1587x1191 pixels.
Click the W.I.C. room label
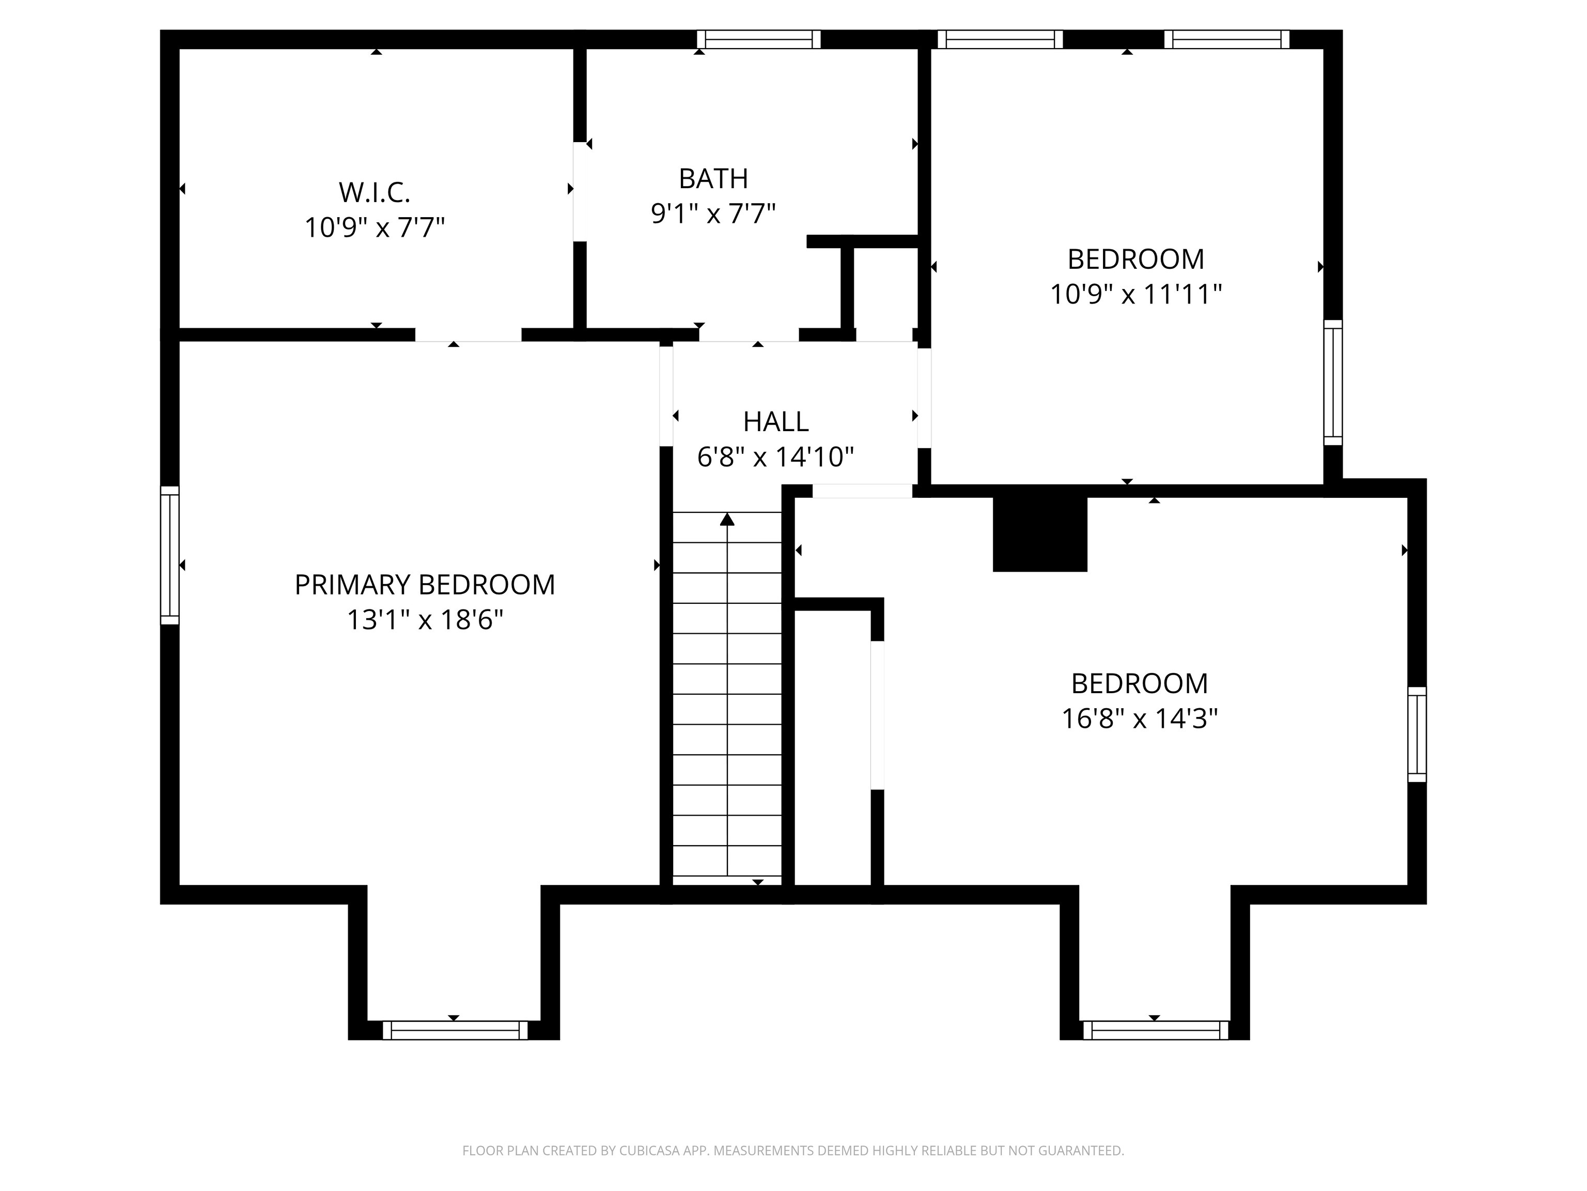[375, 192]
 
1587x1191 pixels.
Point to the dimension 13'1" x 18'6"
[425, 620]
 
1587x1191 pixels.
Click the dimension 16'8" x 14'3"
[1139, 718]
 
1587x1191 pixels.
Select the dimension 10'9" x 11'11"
[1135, 294]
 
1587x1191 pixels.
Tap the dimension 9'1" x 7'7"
[713, 213]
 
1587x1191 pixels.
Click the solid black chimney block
[1039, 534]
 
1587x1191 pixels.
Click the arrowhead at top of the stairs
[727, 519]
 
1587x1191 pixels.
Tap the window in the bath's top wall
[758, 39]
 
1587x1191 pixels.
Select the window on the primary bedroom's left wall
[169, 555]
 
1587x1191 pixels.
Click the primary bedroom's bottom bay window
[455, 1030]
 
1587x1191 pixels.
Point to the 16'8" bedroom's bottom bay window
[1155, 1030]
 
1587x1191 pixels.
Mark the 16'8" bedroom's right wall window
[1417, 735]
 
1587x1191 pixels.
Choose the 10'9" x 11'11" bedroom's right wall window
[1333, 383]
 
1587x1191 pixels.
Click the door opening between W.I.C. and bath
[580, 192]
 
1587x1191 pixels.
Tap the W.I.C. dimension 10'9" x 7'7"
[375, 227]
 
